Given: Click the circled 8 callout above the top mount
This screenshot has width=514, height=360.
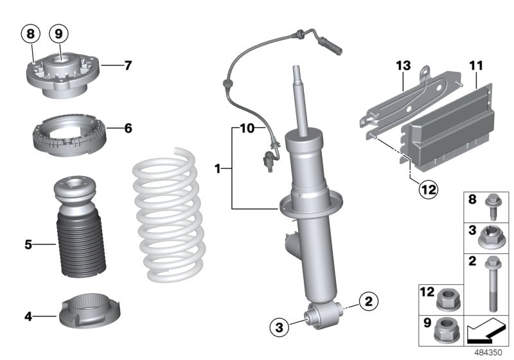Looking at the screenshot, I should tap(31, 32).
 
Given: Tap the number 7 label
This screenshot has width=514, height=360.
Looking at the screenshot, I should tap(127, 65).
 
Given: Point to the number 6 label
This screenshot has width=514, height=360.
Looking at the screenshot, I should tap(127, 129).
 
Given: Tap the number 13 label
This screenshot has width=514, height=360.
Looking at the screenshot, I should tap(402, 65).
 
